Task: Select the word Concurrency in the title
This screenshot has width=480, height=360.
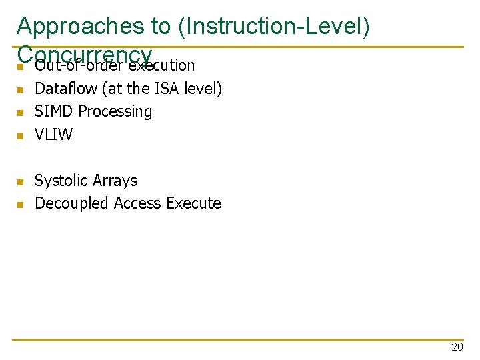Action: click(x=85, y=53)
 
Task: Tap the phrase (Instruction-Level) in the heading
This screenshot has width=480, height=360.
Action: click(x=273, y=26)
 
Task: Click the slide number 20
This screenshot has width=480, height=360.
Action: click(x=457, y=347)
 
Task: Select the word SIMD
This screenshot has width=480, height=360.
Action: click(x=52, y=111)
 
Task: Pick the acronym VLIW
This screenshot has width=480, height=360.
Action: click(x=53, y=134)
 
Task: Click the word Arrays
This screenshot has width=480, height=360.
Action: click(x=115, y=181)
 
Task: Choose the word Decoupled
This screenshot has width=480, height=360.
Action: click(x=72, y=203)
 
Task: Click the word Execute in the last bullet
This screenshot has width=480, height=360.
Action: click(x=193, y=203)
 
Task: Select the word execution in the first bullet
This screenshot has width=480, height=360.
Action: click(x=161, y=65)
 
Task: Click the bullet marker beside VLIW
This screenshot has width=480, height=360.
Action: click(x=21, y=136)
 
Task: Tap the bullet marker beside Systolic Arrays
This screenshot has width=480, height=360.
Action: click(x=21, y=182)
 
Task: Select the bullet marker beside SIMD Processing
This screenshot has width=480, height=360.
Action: click(x=21, y=113)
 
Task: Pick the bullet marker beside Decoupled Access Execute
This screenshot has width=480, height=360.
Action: click(x=21, y=205)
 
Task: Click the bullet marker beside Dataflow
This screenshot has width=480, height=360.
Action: click(x=21, y=90)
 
